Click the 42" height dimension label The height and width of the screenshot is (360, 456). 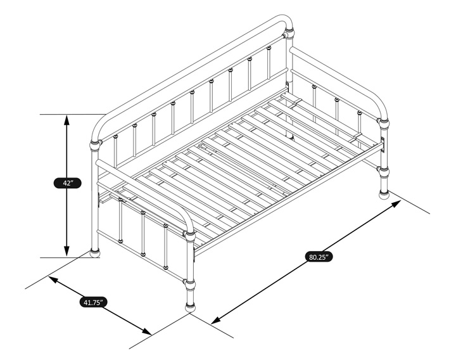tap(67, 183)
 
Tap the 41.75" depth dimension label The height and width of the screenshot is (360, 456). tap(93, 302)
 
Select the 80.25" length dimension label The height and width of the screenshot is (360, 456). tap(319, 257)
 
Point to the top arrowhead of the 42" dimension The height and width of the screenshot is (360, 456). tap(66, 120)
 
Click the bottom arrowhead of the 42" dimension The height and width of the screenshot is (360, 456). tap(66, 252)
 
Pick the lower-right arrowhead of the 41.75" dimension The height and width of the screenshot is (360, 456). tap(147, 331)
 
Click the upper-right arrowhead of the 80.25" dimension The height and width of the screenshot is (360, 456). tap(396, 203)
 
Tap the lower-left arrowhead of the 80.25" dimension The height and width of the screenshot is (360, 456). tap(215, 321)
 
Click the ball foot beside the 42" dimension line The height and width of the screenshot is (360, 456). tap(95, 253)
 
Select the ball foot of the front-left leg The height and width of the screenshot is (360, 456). tap(190, 307)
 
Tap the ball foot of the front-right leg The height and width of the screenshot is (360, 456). tap(384, 194)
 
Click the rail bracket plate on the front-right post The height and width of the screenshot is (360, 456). tap(384, 145)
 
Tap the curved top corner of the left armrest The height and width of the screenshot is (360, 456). tap(186, 219)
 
